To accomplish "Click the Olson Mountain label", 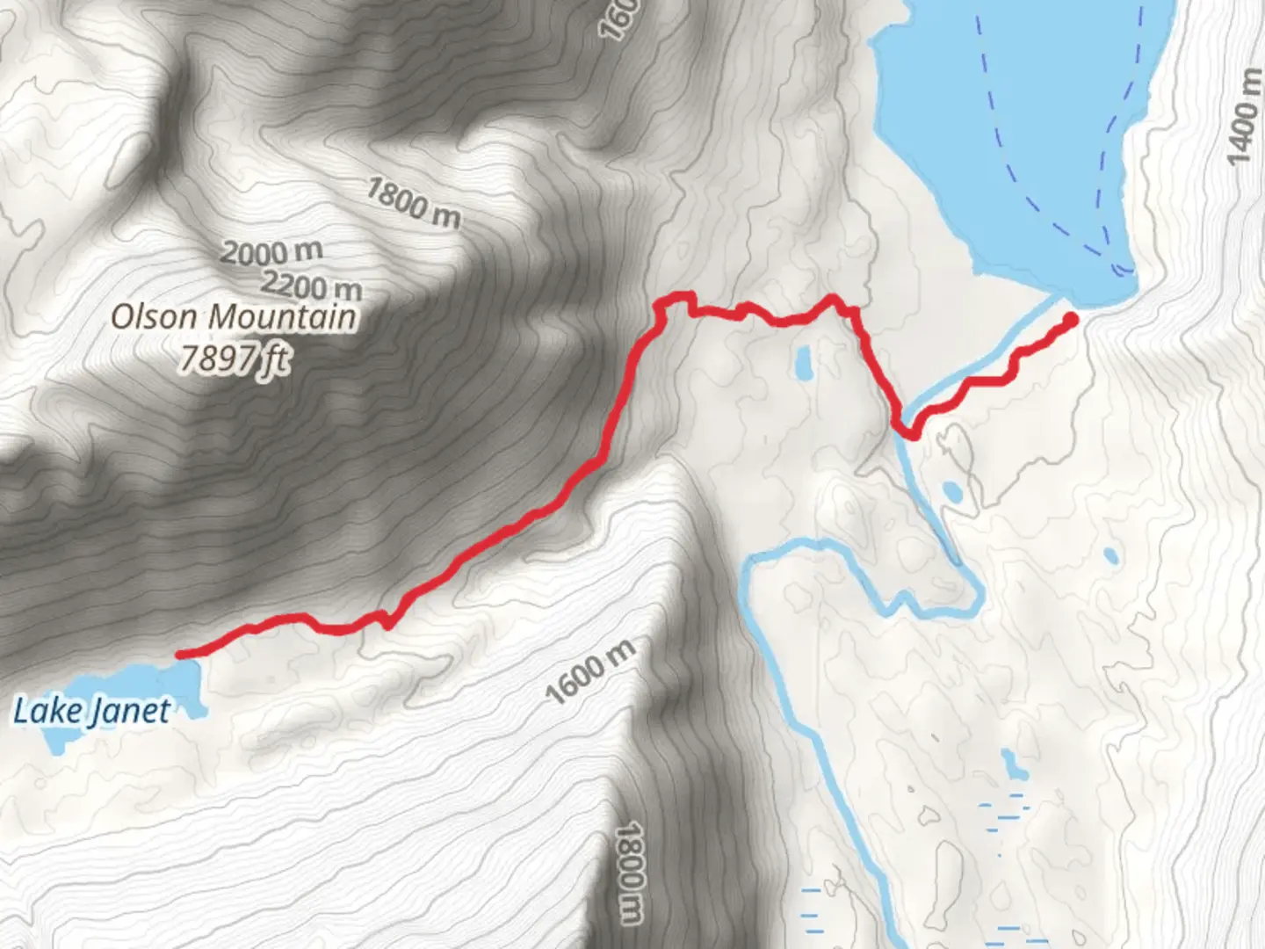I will [235, 316].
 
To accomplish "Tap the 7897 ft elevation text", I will [234, 359].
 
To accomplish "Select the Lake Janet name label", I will [91, 710].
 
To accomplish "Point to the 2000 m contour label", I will [271, 253].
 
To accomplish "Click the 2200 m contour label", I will [312, 286].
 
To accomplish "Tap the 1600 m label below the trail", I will [589, 672].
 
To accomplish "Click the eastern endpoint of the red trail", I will [1071, 319].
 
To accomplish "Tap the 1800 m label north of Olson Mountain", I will [412, 203].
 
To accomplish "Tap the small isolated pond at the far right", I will [1110, 555].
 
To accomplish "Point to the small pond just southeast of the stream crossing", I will [951, 492].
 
